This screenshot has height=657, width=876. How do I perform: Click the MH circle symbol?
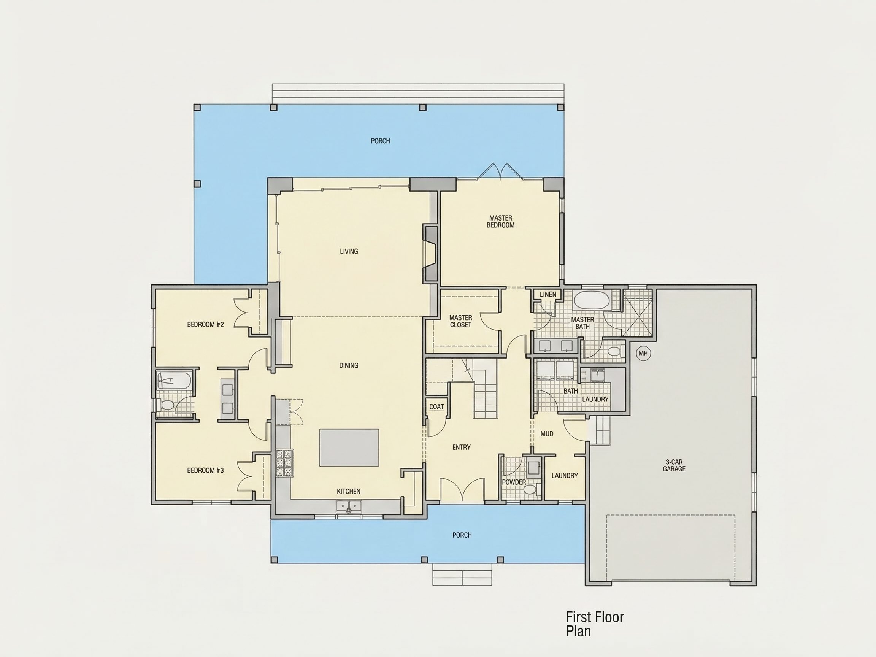[x=643, y=353]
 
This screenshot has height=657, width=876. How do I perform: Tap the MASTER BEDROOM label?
[x=501, y=221]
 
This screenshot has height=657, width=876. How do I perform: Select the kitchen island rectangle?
[x=349, y=448]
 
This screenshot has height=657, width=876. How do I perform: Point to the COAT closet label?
[x=436, y=407]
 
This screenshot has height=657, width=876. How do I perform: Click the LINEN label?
[x=548, y=294]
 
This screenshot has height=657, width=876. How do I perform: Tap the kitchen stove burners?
[x=284, y=463]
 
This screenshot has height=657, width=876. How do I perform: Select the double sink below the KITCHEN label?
[x=349, y=506]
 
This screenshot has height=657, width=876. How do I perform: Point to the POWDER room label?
[x=514, y=482]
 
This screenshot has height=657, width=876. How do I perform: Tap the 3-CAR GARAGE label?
[x=674, y=465]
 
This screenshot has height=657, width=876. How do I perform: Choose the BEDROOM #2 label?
[x=206, y=325]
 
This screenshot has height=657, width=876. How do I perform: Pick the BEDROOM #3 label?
[x=206, y=470]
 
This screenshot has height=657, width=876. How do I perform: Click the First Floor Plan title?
[x=595, y=624]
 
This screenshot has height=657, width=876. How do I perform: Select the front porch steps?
[x=462, y=574]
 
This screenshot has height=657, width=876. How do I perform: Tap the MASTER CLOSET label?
[x=460, y=321]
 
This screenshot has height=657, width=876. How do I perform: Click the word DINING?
[x=349, y=365]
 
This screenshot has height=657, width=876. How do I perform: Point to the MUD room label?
[x=547, y=434]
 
